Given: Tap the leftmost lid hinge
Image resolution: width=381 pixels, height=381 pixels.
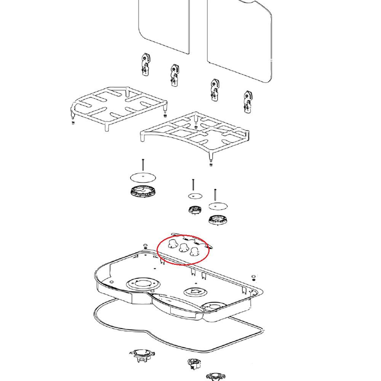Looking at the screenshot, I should [x=145, y=65].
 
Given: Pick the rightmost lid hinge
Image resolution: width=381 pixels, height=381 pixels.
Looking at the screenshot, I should [x=248, y=102].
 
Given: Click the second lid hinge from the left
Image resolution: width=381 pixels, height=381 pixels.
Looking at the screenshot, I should [x=175, y=75].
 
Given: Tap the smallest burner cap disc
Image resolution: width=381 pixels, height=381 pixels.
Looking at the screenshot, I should [x=195, y=196].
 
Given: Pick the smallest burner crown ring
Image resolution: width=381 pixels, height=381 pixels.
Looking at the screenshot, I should [x=195, y=210].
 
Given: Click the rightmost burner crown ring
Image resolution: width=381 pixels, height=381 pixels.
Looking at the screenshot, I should [x=218, y=219].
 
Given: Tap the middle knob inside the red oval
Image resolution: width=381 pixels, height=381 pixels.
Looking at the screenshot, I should [x=184, y=248].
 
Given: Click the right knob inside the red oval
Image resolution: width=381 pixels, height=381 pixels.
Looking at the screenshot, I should [x=195, y=251].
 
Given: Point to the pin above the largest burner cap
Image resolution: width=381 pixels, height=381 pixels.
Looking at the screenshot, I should [x=143, y=165].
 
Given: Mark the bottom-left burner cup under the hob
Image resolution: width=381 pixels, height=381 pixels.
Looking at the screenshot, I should [x=142, y=355].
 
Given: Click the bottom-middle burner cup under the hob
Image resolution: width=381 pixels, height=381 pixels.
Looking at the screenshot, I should [x=194, y=364].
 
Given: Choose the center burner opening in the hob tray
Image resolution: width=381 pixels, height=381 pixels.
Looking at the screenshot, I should [x=196, y=292].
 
